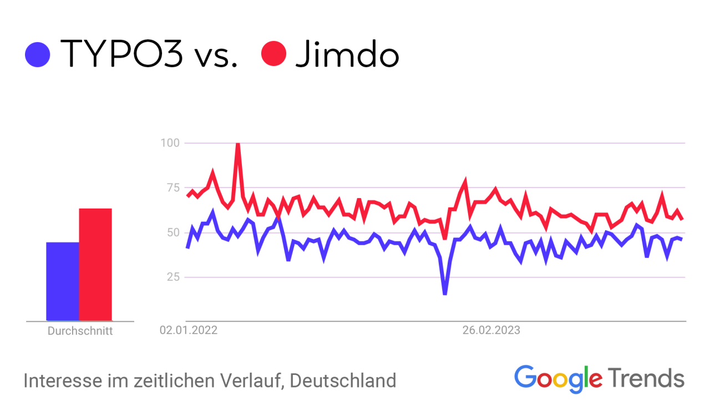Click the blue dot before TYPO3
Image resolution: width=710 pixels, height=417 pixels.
[38, 54]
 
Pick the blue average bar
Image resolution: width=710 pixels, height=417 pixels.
[62, 281]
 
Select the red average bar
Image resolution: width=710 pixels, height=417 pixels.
[95, 265]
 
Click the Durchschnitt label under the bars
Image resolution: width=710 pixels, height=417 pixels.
[80, 331]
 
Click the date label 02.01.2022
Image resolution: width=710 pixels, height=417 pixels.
[189, 330]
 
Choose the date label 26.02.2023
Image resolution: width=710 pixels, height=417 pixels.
[491, 330]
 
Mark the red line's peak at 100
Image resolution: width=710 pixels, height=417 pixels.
[238, 144]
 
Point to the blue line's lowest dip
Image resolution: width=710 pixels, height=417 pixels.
[445, 293]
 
